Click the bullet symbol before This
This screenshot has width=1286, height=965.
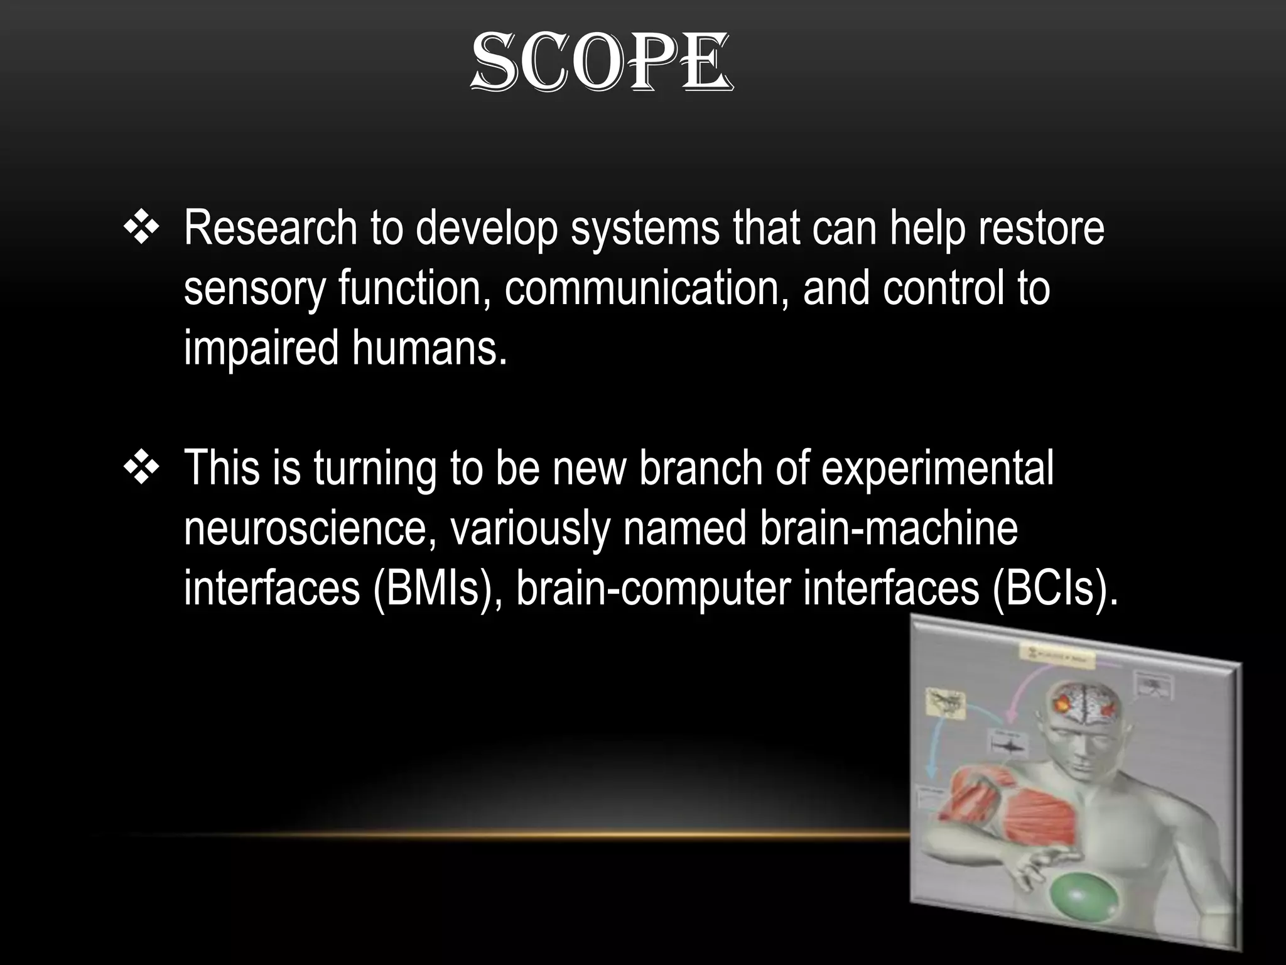click(143, 469)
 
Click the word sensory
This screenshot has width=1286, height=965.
click(254, 290)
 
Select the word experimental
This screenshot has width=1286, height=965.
click(937, 469)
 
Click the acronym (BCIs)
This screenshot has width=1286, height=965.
click(1055, 588)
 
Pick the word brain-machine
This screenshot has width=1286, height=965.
click(889, 529)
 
